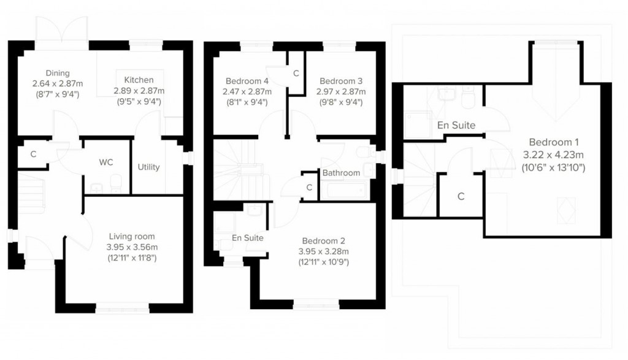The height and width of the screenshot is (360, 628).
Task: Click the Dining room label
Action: [x=58, y=73]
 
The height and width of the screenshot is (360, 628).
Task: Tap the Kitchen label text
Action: [x=139, y=80]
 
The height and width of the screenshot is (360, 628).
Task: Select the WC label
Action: [x=106, y=163]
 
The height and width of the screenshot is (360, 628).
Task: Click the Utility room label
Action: [x=148, y=167]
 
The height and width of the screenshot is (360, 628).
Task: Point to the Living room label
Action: [x=132, y=236]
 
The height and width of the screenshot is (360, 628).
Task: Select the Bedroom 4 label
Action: [x=247, y=81]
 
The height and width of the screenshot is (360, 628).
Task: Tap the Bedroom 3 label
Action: [x=341, y=81]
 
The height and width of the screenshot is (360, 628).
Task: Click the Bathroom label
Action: [x=341, y=173]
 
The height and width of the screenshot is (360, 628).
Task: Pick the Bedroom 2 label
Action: [x=323, y=241]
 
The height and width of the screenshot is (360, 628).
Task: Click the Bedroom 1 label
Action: [x=551, y=142]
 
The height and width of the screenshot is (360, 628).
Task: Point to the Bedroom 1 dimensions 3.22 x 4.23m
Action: [x=552, y=155]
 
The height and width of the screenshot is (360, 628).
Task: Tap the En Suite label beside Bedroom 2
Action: [x=248, y=237]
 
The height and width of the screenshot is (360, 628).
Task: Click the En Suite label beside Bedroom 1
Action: [x=456, y=125]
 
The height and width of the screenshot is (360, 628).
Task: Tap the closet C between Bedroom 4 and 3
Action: [x=296, y=74]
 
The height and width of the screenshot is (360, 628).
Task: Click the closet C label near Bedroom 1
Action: [x=461, y=196]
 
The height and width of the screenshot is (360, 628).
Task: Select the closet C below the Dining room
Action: [x=34, y=155]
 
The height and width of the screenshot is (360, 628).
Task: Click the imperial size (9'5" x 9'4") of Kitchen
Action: [x=139, y=102]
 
